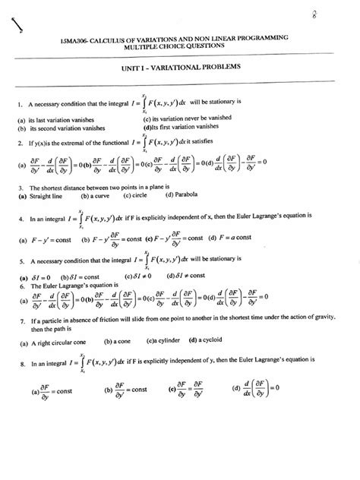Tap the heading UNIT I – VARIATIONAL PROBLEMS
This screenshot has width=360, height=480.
coord(180,68)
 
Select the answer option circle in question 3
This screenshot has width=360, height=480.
coord(141,196)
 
